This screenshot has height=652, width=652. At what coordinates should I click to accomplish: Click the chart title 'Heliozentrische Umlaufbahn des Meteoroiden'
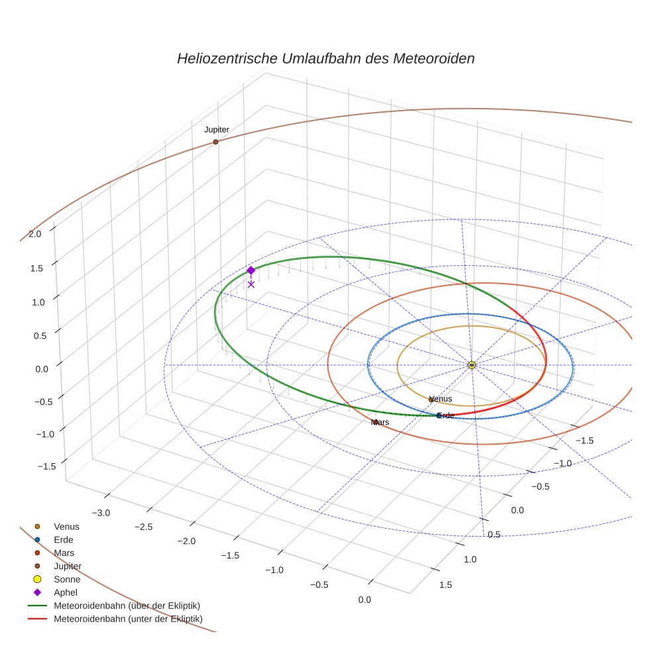coord(325,58)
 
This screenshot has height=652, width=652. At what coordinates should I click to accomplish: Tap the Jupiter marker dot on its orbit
coord(216,142)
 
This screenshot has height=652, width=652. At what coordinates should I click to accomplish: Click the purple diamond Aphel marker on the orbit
coord(250,270)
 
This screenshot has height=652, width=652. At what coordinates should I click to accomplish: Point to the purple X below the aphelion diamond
coord(251,284)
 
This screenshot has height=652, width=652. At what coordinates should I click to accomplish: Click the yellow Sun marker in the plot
coord(472,365)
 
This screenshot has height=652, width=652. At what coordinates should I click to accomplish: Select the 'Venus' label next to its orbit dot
coord(441,399)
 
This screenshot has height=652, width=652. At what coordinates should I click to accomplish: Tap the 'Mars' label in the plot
coord(380,422)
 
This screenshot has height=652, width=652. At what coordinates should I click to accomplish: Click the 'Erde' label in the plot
coord(446,415)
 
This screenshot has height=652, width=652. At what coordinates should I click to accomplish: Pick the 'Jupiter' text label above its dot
coord(217,130)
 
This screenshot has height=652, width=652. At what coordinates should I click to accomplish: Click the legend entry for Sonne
coord(67,579)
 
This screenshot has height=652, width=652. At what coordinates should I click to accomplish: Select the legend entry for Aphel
coord(66,592)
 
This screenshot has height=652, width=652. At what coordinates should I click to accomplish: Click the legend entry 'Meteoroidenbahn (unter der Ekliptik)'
coord(128,619)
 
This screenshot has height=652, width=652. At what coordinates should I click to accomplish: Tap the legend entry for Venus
coord(66,526)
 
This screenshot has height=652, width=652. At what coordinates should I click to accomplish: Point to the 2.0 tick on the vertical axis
coord(35,233)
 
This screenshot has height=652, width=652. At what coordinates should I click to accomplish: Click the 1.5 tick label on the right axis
coord(445,584)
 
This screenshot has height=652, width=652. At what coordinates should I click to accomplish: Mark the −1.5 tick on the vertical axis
coord(46,466)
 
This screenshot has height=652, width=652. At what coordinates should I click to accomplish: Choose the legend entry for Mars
coord(64,553)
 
